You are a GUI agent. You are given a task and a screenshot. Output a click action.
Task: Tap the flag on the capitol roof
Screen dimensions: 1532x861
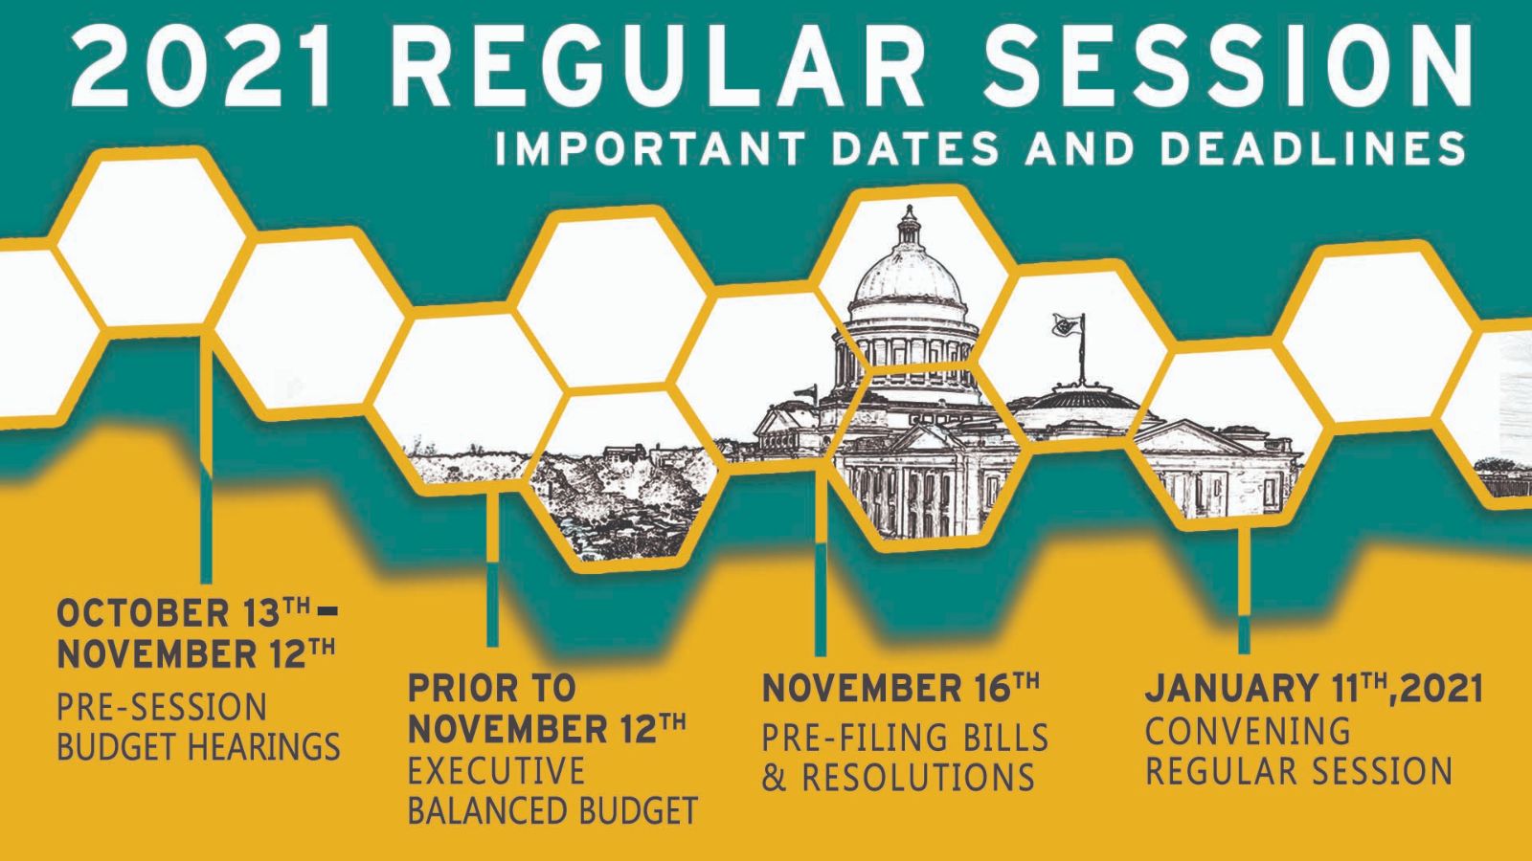[x=1068, y=326]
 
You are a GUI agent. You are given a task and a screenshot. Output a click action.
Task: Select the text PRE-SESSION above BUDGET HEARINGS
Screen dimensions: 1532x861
[x=162, y=707]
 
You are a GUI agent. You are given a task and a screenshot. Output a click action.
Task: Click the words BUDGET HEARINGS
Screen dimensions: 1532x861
[x=198, y=745]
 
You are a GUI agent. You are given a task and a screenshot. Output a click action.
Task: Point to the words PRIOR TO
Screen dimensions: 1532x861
[x=492, y=688]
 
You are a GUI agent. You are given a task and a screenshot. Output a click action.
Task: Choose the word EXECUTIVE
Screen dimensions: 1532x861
[x=497, y=771]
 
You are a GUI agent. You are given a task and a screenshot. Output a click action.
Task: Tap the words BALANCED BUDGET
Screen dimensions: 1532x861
[x=552, y=811]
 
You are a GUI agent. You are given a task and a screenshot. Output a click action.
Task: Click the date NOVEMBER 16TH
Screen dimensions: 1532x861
[x=901, y=688]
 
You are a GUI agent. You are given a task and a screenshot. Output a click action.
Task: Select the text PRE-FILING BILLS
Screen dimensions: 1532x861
[x=905, y=738]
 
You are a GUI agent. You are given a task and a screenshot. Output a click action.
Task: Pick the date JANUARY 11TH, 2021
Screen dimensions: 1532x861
[x=1314, y=688]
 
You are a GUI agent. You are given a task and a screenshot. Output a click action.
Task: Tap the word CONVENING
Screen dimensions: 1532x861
[x=1249, y=731]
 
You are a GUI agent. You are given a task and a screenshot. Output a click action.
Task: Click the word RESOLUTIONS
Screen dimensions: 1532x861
[x=918, y=778]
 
